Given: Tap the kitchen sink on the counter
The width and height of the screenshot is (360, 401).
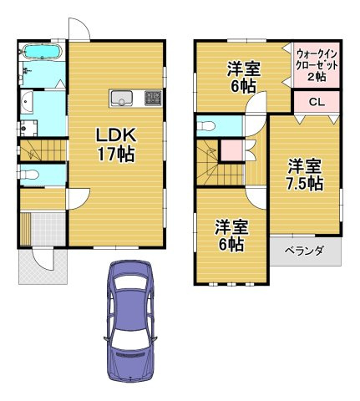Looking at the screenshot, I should click(122, 98).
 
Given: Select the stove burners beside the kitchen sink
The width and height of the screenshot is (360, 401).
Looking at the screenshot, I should click(152, 98).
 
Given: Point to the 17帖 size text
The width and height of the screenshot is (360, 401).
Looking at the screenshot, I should click(115, 155).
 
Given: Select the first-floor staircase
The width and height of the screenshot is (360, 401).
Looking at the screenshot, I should click(42, 150).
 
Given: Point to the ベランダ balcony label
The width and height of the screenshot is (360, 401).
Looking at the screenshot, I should click(304, 250).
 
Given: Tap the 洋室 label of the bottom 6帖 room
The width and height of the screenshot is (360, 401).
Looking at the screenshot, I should click(230, 226).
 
